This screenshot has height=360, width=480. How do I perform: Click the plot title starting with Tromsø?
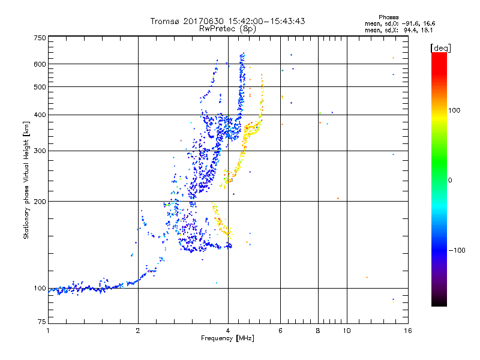pyautogui.click(x=227, y=21)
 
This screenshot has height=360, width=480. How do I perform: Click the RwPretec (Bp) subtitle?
pyautogui.click(x=227, y=28)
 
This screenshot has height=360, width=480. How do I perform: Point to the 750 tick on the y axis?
pyautogui.click(x=40, y=37)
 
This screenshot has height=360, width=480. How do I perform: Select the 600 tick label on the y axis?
pyautogui.click(x=40, y=64)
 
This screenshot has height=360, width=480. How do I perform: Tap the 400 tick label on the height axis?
pyautogui.click(x=40, y=115)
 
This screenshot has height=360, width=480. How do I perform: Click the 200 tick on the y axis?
pyautogui.click(x=40, y=202)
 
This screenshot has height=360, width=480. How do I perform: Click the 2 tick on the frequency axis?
pyautogui.click(x=138, y=331)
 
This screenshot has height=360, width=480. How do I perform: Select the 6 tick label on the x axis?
pyautogui.click(x=280, y=331)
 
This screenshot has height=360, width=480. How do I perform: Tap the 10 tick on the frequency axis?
pyautogui.click(x=346, y=331)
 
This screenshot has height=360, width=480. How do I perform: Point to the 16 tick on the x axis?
pyautogui.click(x=407, y=331)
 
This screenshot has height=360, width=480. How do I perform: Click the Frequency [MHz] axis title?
pyautogui.click(x=227, y=339)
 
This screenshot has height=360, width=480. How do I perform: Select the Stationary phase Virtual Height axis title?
pyautogui.click(x=26, y=180)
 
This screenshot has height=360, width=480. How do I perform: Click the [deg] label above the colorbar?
pyautogui.click(x=441, y=47)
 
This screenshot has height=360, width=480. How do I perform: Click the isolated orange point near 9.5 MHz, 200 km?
pyautogui.click(x=338, y=198)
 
